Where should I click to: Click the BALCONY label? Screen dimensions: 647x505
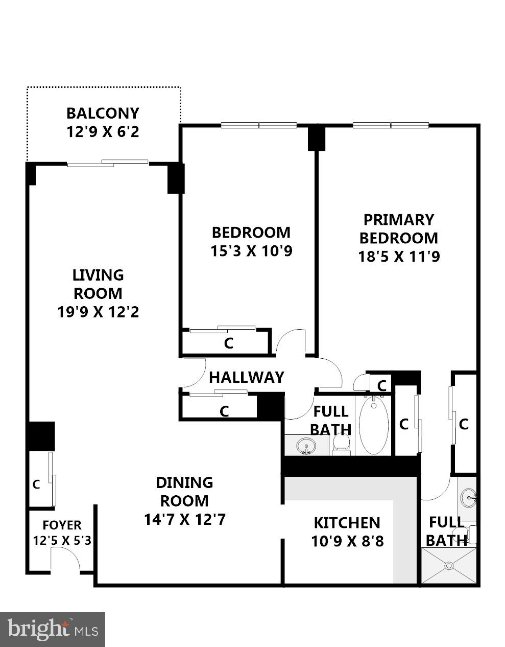click(103, 113)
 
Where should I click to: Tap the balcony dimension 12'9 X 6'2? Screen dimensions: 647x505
click(103, 132)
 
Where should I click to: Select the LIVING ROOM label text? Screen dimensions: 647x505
click(98, 284)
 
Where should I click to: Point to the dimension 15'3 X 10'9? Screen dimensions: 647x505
click(251, 251)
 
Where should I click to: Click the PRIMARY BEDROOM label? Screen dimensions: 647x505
click(398, 228)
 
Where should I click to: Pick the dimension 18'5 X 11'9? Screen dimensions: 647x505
click(399, 256)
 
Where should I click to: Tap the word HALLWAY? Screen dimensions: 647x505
click(246, 377)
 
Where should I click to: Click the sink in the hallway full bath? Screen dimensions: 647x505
click(306, 445)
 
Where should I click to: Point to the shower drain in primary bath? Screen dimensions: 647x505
click(449, 565)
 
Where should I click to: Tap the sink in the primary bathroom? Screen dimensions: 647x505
click(468, 496)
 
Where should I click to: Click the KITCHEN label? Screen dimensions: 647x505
click(347, 522)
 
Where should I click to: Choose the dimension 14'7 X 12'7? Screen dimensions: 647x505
click(184, 520)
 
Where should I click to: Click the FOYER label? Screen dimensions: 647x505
click(62, 525)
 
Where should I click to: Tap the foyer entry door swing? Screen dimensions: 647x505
click(65, 558)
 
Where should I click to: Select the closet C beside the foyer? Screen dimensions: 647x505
click(36, 484)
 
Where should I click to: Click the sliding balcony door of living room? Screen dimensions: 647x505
click(108, 163)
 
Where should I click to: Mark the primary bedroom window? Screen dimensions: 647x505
click(391, 125)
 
